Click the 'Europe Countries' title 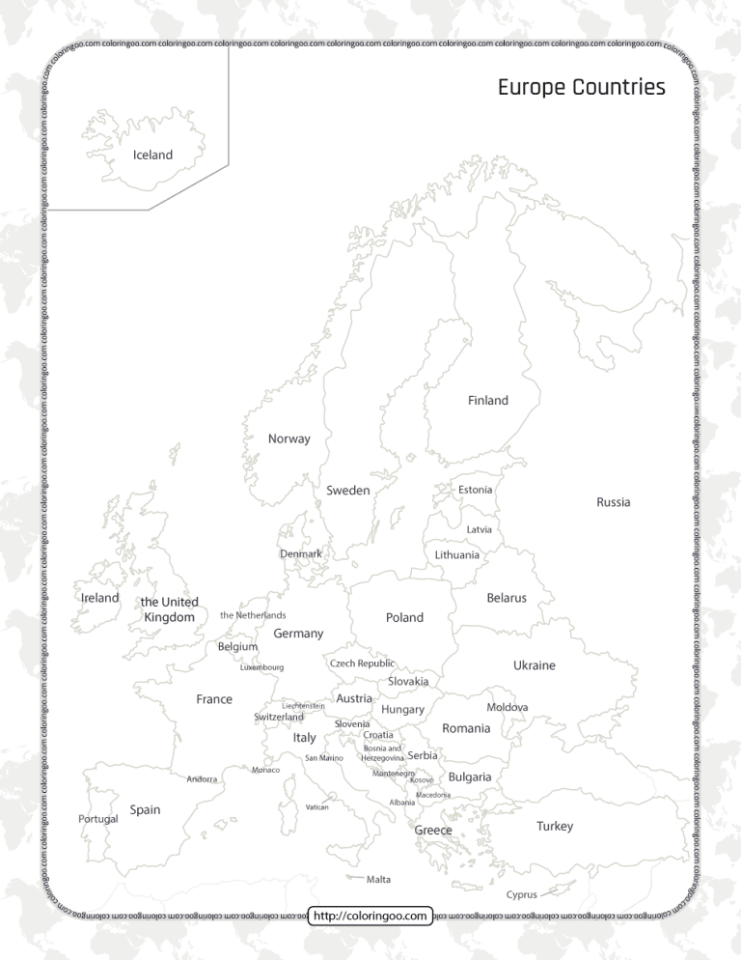tap(581, 88)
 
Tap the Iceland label tap(152, 155)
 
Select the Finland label tap(488, 400)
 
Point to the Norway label tap(289, 438)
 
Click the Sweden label tap(348, 491)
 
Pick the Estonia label tap(475, 490)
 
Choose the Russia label tap(614, 502)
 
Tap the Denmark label tap(300, 554)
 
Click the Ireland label tap(100, 598)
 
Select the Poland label tap(404, 617)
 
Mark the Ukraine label tap(534, 665)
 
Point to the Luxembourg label tap(261, 667)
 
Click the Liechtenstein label tap(303, 705)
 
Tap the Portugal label tap(97, 819)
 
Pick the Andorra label tap(202, 778)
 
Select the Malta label tap(379, 880)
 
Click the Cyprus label tap(522, 894)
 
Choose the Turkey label tap(555, 826)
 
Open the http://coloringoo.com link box tap(370, 915)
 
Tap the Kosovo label tap(422, 780)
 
